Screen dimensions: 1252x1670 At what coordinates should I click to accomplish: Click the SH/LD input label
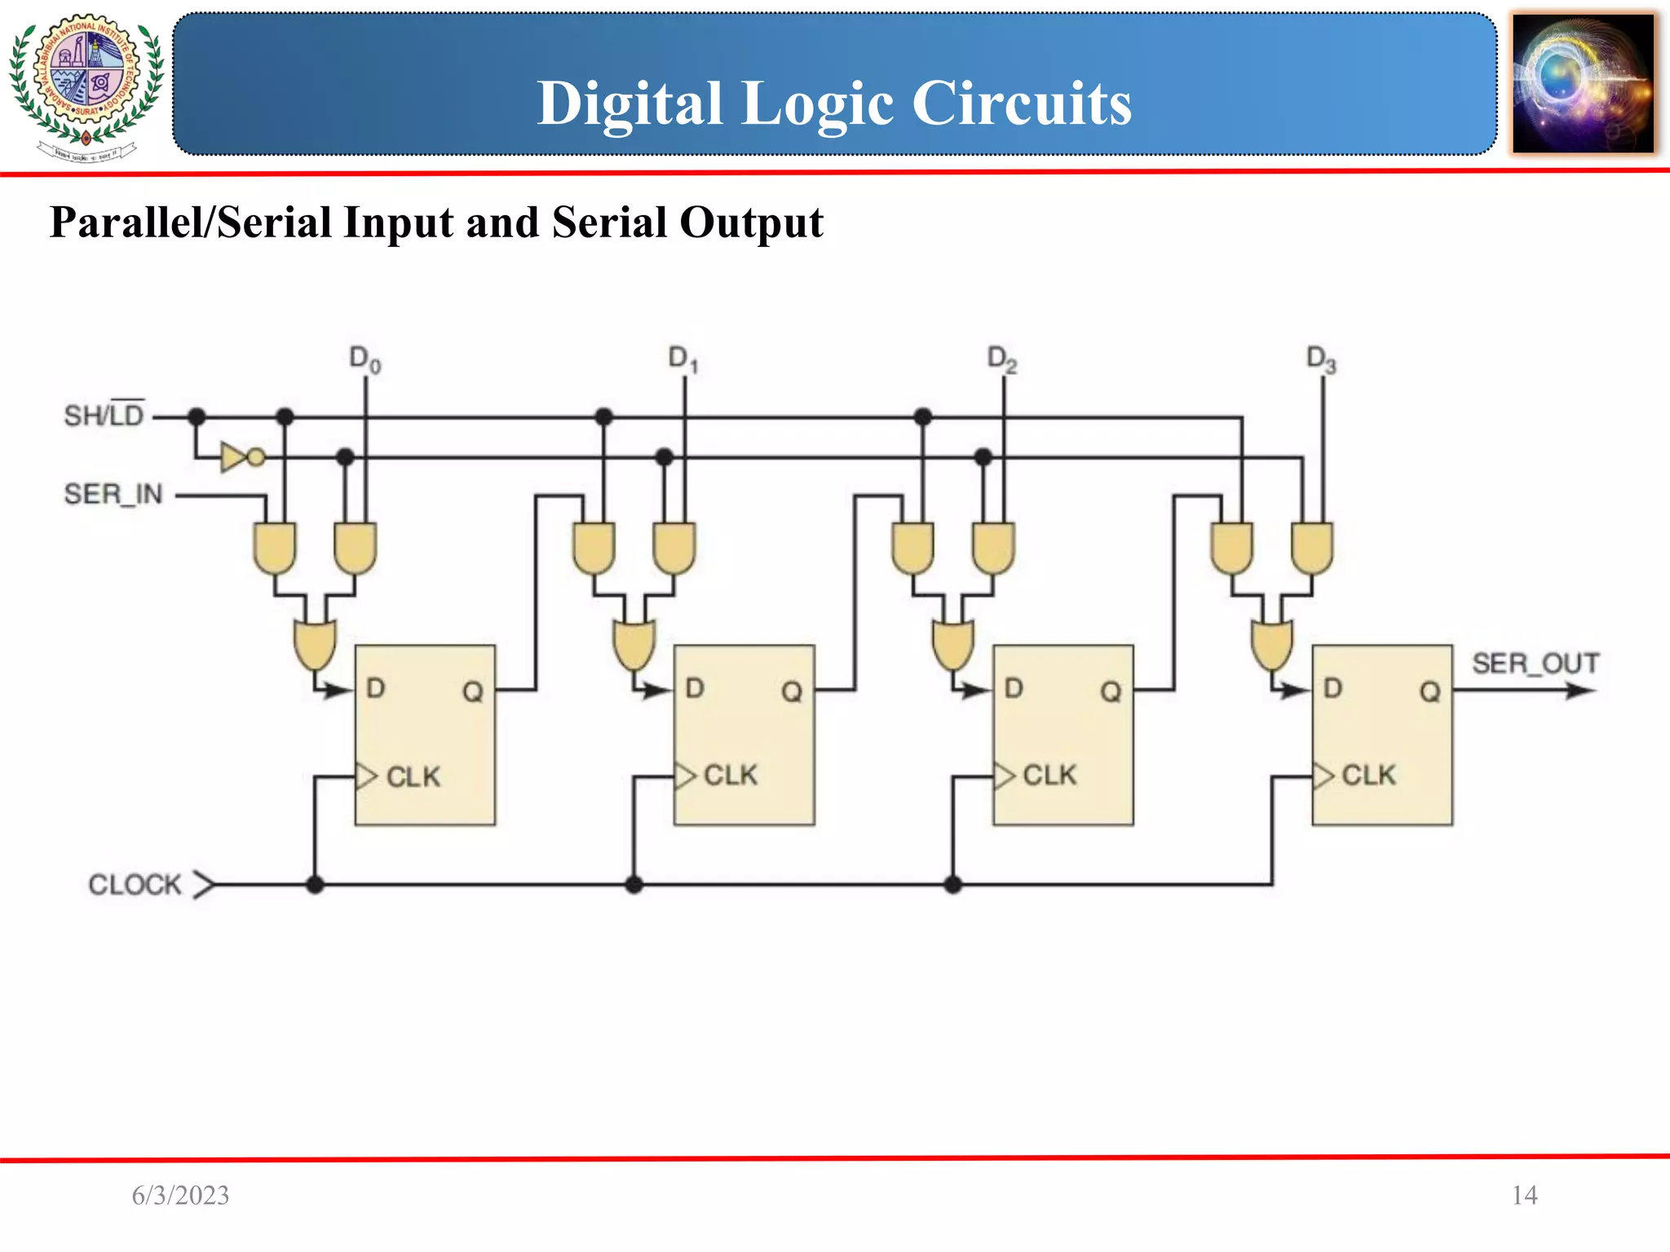(x=104, y=416)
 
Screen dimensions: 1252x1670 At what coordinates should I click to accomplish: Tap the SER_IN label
(x=113, y=494)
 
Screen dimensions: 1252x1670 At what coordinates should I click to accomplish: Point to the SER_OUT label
(x=1535, y=663)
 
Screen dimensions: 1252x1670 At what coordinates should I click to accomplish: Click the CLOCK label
(x=135, y=884)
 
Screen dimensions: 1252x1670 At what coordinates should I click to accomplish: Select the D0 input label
(x=364, y=359)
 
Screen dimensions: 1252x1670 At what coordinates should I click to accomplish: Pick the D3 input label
(x=1321, y=359)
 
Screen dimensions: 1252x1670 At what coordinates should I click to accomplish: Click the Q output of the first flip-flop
(x=473, y=692)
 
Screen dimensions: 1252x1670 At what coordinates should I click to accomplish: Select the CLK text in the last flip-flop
(x=1368, y=775)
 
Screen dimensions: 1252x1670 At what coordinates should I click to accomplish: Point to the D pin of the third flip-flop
(x=1014, y=689)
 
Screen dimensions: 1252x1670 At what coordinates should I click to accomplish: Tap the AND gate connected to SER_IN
(x=275, y=548)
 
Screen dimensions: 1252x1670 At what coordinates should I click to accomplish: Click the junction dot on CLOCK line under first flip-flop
(x=315, y=884)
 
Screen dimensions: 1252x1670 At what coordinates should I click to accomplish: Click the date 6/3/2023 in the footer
(x=180, y=1196)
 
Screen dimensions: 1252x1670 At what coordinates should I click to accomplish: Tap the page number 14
(x=1524, y=1196)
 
